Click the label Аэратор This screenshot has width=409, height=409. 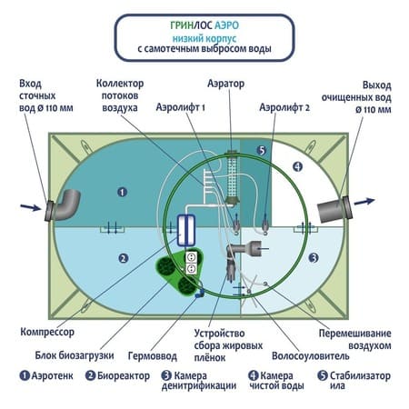tap(225, 84)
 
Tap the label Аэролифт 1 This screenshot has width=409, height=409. tap(181, 107)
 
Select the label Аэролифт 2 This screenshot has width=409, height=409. tap(284, 107)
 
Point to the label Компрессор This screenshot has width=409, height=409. tap(47, 332)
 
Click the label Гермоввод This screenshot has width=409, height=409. tap(153, 355)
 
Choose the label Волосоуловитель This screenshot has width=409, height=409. tap(311, 356)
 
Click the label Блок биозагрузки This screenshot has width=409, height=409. tap(75, 355)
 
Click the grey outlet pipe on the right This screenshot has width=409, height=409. tap(334, 209)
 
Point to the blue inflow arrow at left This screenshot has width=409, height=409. tap(30, 207)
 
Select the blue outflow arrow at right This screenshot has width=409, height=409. tap(364, 201)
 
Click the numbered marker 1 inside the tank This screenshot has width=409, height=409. tap(122, 192)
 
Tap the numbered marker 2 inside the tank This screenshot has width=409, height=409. tap(123, 258)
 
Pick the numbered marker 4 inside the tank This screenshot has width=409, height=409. tap(298, 166)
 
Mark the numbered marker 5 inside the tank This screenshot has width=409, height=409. tap(262, 150)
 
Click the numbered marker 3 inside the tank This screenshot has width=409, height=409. tap(314, 258)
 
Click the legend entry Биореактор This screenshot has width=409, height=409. tap(118, 376)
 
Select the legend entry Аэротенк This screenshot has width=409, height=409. tap(46, 376)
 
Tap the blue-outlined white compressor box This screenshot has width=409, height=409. tap(186, 230)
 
